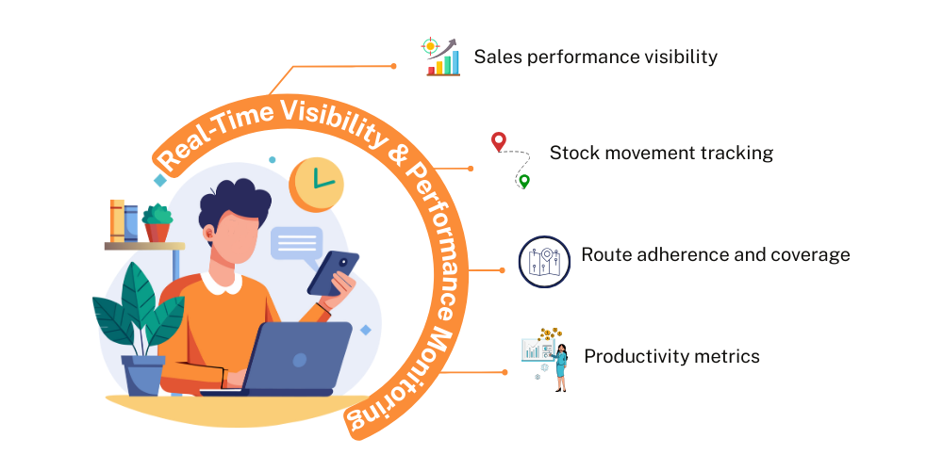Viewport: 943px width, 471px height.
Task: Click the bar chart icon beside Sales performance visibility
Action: point(440,57)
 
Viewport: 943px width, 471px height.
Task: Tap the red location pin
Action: point(499,142)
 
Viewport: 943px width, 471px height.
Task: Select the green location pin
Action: point(524,181)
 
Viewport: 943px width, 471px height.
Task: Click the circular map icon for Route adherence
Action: point(544,262)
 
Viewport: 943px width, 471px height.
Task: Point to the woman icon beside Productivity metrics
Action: point(560,367)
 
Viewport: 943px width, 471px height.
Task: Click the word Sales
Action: point(492,57)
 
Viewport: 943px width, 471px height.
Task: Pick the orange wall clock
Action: point(316,185)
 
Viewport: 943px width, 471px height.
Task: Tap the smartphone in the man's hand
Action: point(333,273)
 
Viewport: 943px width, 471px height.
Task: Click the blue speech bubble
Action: point(296,246)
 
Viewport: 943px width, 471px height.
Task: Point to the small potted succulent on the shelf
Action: point(157,222)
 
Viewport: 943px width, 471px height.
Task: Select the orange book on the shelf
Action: point(117,220)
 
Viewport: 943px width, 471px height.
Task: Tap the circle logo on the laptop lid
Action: point(299,360)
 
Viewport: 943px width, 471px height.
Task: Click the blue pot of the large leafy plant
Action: point(143,376)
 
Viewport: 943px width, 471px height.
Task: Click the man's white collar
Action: point(221,283)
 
